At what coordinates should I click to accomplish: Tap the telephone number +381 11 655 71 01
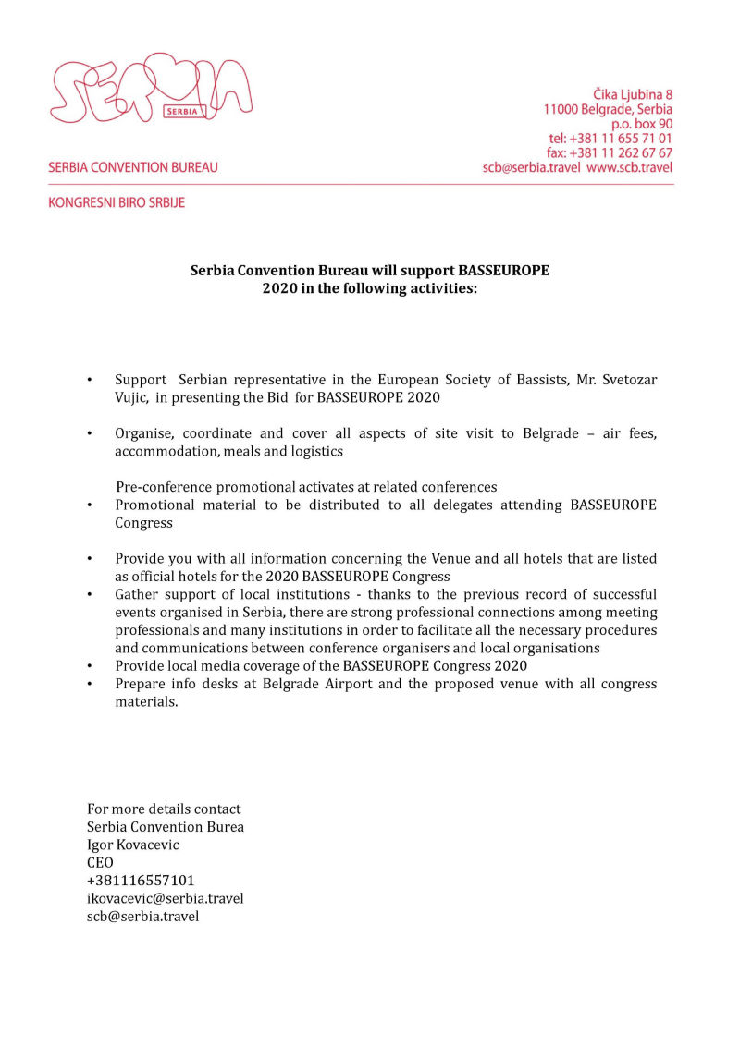point(610,139)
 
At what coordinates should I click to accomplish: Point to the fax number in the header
point(610,153)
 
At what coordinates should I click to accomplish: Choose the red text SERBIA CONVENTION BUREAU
point(133,168)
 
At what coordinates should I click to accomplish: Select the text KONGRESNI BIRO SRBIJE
point(117,202)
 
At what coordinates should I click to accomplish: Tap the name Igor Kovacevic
point(133,845)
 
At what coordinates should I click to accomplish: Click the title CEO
point(101,863)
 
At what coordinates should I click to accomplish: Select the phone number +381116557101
point(141,881)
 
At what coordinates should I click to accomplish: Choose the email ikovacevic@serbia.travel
point(166,898)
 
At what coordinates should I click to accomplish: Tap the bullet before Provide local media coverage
point(90,665)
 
